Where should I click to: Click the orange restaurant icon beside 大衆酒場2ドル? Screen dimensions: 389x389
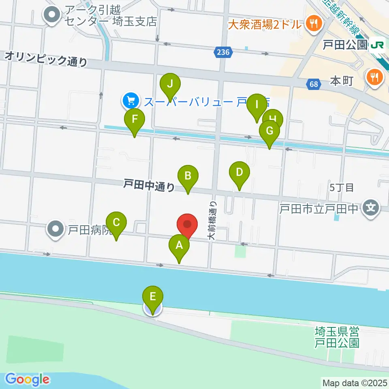(x=313, y=24)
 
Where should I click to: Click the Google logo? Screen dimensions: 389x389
(x=27, y=379)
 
